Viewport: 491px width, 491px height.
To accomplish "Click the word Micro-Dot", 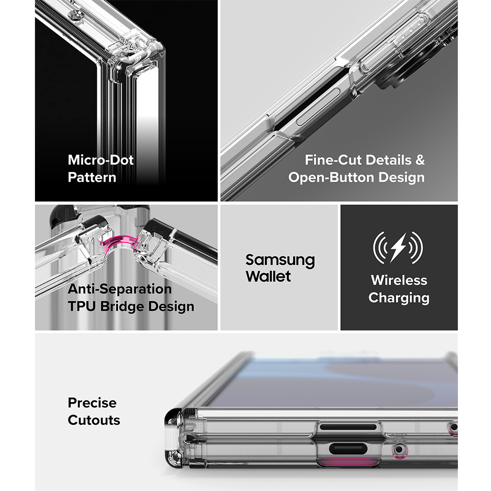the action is click(101, 160).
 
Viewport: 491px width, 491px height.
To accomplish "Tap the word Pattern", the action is click(92, 178).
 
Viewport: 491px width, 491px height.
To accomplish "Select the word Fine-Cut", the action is click(333, 160).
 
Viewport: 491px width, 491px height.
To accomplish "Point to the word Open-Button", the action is click(331, 178).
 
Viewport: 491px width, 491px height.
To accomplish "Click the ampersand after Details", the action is click(420, 160).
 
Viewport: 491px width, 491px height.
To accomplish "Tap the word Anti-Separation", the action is click(119, 289).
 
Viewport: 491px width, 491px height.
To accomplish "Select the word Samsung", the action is click(280, 261).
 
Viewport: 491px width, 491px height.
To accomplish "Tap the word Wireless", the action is click(399, 280).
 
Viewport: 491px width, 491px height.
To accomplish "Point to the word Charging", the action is click(399, 298).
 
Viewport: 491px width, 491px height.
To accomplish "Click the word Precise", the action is click(92, 403).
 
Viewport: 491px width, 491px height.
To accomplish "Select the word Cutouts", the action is click(94, 420).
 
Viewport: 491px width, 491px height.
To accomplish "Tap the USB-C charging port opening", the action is click(348, 449).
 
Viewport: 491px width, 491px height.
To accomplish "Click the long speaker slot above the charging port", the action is click(348, 427).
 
